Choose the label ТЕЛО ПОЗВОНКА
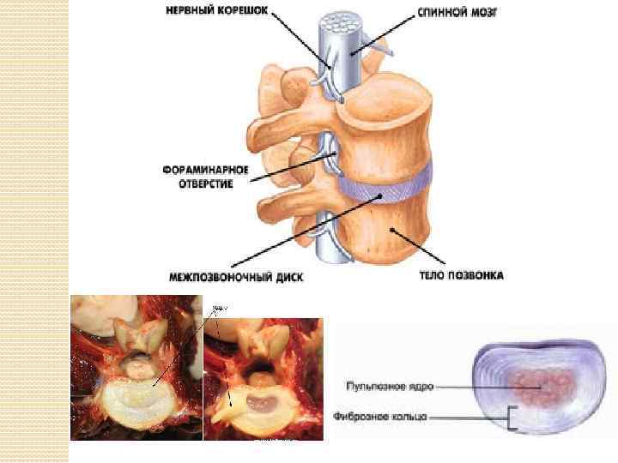click(x=462, y=275)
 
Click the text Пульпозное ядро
click(x=391, y=387)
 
